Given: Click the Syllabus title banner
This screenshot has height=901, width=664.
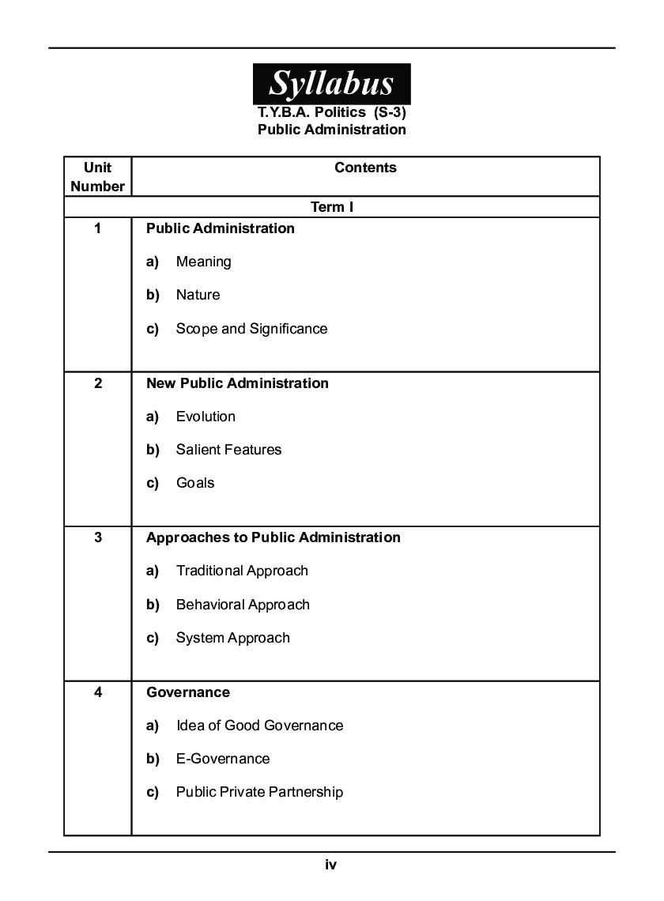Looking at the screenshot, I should click(x=331, y=83).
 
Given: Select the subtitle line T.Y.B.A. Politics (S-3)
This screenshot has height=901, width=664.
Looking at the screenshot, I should click(x=331, y=112).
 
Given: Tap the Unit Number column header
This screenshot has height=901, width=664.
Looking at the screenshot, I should click(x=97, y=177).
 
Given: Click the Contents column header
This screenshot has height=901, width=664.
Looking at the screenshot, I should click(x=365, y=168).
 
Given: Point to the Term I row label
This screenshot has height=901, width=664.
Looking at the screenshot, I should click(x=332, y=207).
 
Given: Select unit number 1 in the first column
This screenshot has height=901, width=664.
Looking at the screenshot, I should click(x=97, y=228).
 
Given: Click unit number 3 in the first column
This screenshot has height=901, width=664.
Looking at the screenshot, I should click(x=97, y=537).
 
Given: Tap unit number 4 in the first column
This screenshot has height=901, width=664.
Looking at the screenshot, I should click(x=97, y=692).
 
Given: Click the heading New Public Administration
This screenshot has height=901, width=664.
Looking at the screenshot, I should click(x=237, y=383).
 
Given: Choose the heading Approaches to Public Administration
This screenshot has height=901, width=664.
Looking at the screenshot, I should click(x=273, y=537).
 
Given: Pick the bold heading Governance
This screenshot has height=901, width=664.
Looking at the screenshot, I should click(x=188, y=692).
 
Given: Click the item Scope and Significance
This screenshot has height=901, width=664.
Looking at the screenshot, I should click(x=251, y=329).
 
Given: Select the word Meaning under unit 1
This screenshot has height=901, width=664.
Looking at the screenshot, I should click(x=203, y=262).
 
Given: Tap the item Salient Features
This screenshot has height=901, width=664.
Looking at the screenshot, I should click(x=228, y=450).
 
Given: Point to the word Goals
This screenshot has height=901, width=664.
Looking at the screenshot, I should click(x=195, y=483).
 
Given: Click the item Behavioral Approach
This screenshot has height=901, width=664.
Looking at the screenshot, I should click(x=243, y=605).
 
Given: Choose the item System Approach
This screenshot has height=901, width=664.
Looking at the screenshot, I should click(x=232, y=638).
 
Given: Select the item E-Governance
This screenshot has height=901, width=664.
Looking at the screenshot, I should click(x=222, y=759).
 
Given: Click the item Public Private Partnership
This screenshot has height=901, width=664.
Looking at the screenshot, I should click(x=259, y=792).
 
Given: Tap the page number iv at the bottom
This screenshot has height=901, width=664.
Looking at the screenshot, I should click(x=331, y=865).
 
